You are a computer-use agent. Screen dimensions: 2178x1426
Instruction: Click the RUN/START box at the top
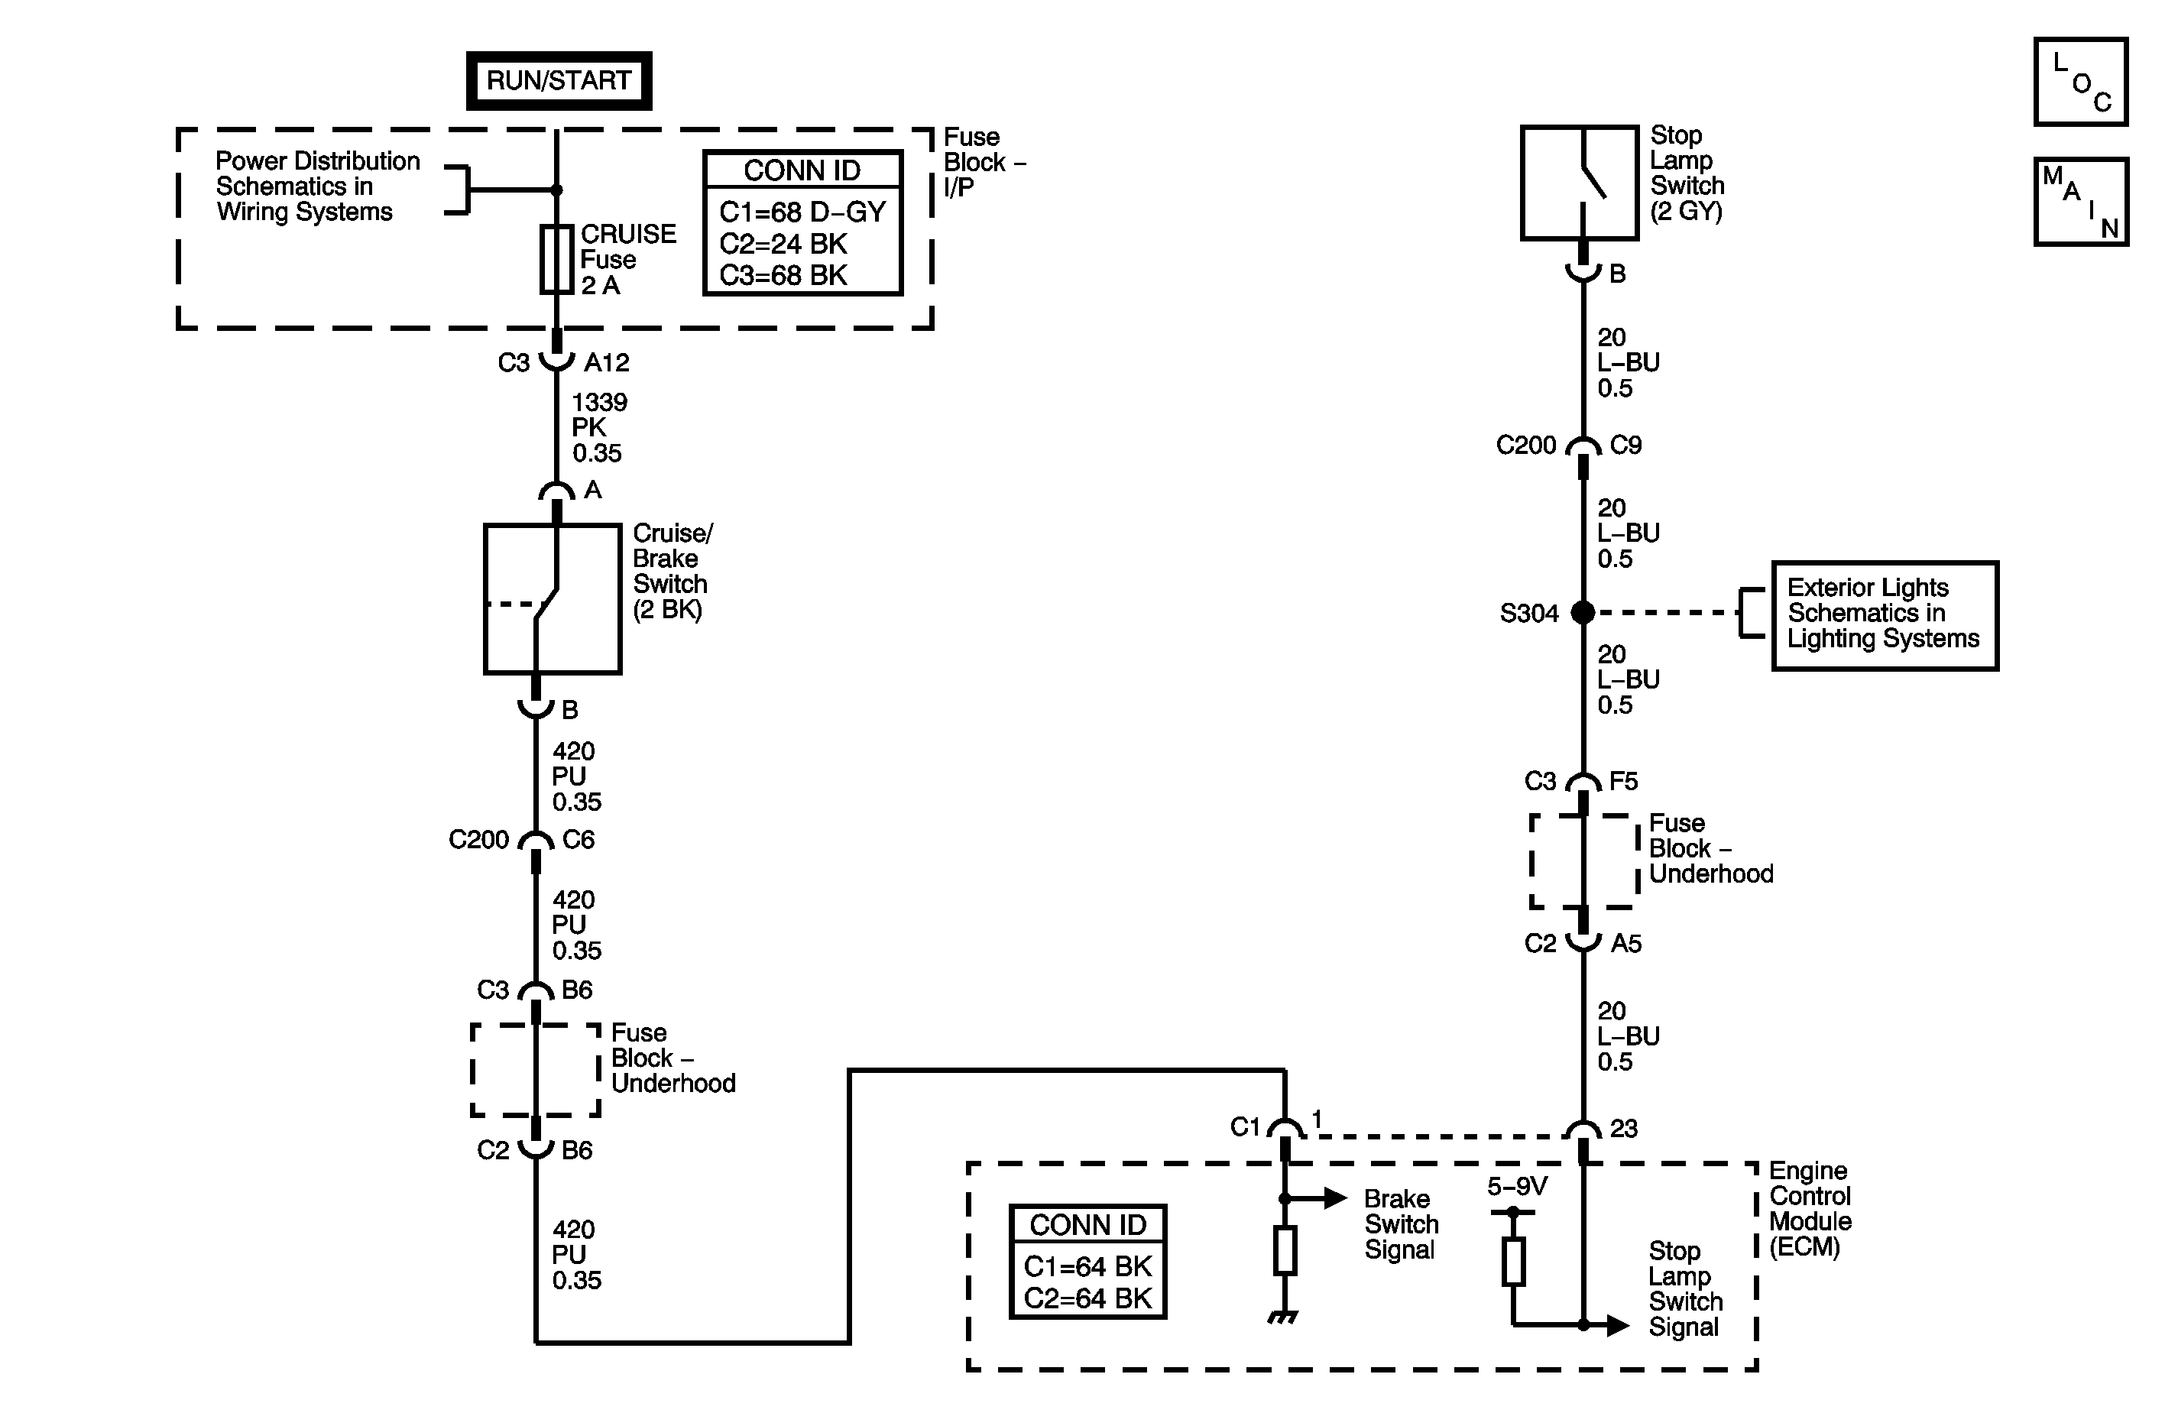pos(559,80)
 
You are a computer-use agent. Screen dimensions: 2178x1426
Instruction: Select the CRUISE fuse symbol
pos(556,259)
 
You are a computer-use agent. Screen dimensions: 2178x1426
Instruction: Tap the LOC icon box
pos(2081,82)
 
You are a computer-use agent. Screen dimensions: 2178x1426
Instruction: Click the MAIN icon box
pos(2081,201)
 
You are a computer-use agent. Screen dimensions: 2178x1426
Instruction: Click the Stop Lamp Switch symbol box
pos(1580,183)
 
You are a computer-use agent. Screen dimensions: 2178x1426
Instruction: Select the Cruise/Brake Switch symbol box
pos(553,598)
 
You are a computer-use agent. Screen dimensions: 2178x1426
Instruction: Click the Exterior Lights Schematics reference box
pos(1885,615)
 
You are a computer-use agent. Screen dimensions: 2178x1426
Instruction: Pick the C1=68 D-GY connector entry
pos(802,212)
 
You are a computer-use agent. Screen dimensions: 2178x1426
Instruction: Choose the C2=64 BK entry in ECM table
pos(1087,1298)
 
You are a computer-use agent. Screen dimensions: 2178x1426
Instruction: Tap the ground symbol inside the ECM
pos(1284,1317)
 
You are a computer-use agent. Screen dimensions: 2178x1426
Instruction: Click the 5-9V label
pos(1517,1186)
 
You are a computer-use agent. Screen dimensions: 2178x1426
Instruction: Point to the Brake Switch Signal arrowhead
pos(1336,1198)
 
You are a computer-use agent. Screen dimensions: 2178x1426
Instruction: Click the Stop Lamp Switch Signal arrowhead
pos(1618,1324)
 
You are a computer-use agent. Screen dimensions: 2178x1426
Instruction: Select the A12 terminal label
pos(607,363)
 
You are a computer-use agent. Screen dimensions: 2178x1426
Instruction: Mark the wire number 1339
pos(599,403)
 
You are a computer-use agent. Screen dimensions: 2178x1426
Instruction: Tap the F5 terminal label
pos(1623,781)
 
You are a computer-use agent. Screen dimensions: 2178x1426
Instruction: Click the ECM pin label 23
pos(1623,1129)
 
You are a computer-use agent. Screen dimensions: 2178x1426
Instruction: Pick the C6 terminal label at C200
pos(579,839)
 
